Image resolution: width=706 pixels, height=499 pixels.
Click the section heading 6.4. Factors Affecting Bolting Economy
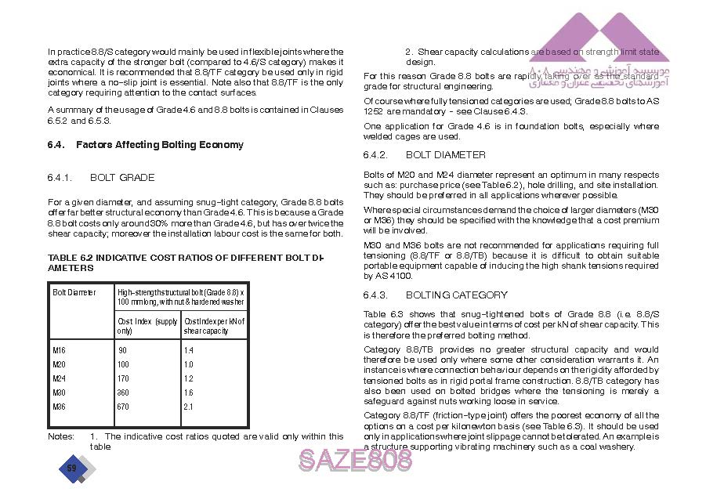point(146,145)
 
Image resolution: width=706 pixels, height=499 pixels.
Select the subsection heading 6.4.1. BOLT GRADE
point(101,178)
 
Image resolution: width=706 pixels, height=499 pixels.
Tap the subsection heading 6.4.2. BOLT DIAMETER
point(425,155)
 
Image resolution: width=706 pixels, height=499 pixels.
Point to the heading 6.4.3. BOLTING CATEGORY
point(436,295)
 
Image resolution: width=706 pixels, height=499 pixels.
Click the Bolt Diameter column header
point(74,293)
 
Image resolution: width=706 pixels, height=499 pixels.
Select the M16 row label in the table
point(59,350)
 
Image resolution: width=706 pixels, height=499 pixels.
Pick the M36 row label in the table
point(59,407)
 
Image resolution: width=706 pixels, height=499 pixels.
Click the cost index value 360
point(123,392)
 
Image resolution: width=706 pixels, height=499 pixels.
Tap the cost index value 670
point(123,407)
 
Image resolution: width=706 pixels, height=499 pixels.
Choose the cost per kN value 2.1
point(188,407)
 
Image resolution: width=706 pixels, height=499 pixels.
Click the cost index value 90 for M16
point(122,350)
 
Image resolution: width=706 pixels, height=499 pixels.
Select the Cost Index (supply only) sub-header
point(147,326)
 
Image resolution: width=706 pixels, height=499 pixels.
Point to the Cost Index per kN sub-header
point(214,326)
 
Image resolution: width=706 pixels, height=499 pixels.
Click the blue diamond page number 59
point(72,468)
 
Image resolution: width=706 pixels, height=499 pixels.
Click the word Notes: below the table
point(61,436)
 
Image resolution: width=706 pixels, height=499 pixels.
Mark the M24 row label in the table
point(59,378)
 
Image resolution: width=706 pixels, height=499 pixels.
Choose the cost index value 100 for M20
point(123,364)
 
